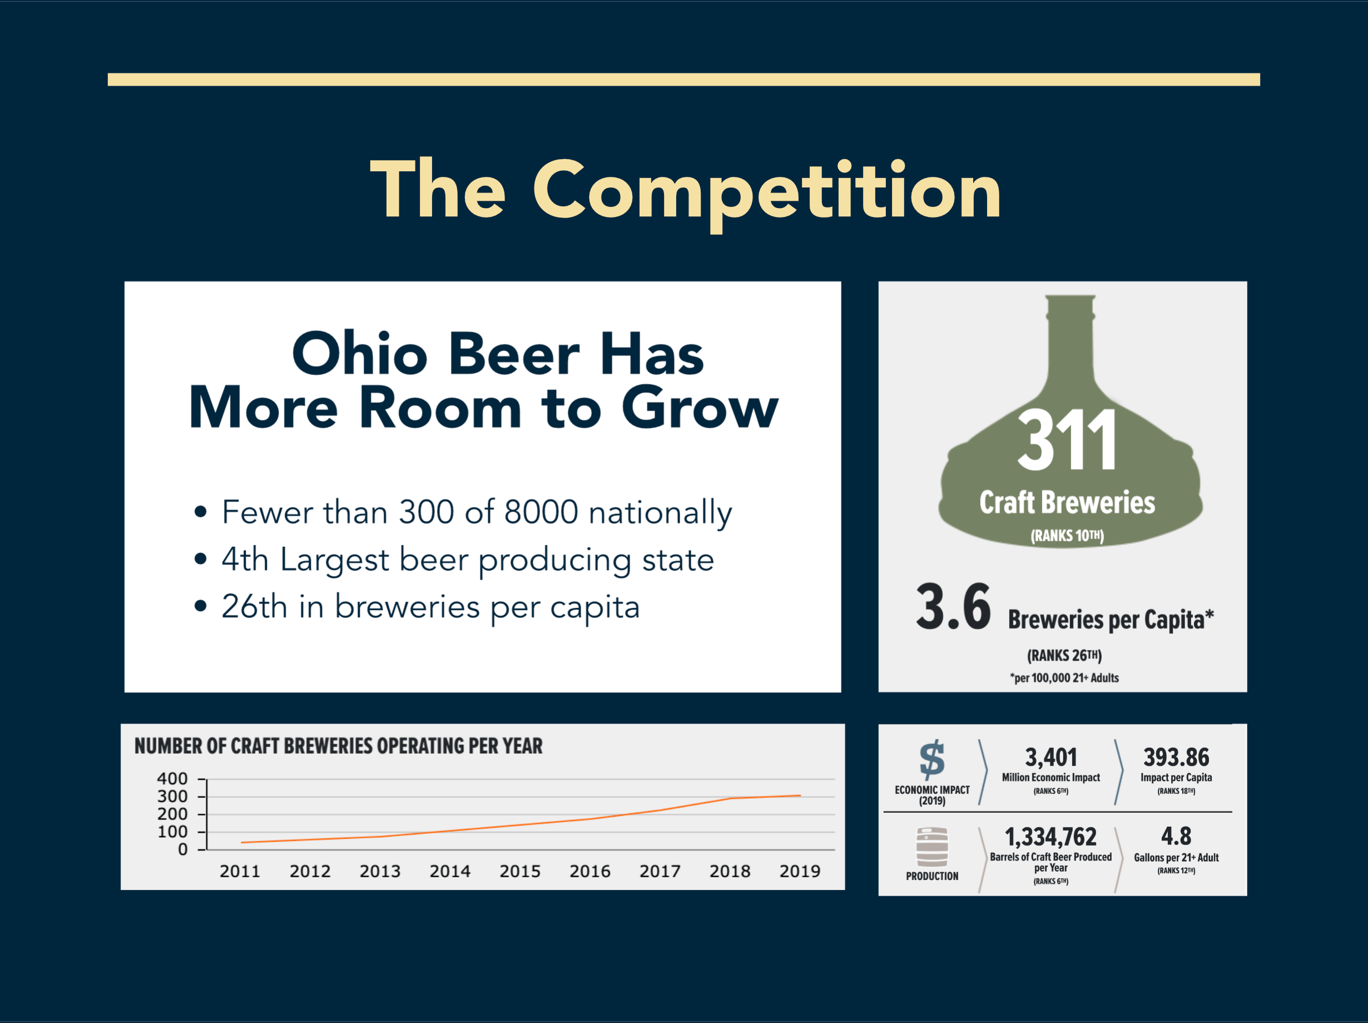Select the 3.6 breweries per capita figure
[953, 607]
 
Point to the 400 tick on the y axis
[172, 779]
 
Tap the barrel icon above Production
[932, 847]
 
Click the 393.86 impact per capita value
[1176, 757]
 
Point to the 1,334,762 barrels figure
[1050, 837]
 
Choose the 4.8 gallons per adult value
[1176, 836]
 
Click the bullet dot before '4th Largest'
[200, 559]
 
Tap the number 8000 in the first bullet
[541, 512]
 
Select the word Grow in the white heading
[700, 408]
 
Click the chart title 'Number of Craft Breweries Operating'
[338, 746]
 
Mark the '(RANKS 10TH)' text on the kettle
[1067, 536]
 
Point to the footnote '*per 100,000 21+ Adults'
[1064, 678]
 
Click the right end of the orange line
[801, 795]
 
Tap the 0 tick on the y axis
[182, 850]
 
